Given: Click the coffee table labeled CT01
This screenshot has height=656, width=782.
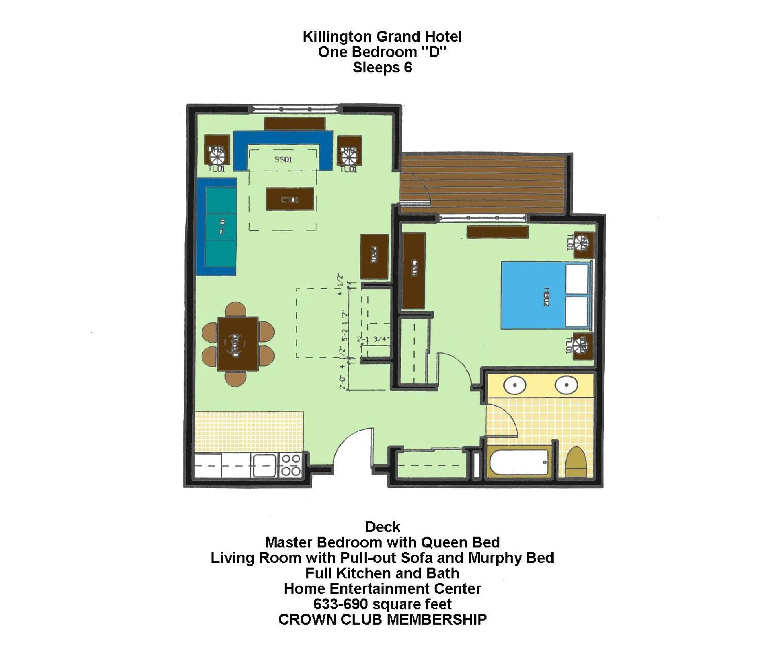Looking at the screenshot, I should [290, 199].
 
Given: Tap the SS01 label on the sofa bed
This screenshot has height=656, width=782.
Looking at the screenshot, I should [283, 160].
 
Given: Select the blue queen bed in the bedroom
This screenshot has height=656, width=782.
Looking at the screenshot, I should [534, 295].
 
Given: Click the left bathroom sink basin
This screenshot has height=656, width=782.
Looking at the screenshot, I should [515, 385].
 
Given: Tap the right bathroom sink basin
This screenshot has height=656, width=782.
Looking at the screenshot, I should [566, 385].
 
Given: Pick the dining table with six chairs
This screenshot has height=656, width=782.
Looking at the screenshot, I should [237, 344].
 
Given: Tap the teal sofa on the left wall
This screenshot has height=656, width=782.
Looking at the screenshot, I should [221, 226].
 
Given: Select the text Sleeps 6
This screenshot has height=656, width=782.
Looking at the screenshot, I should [382, 67].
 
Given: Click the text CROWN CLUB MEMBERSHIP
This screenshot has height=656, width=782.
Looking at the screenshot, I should [382, 619].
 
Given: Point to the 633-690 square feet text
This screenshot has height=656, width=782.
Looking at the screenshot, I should [382, 604].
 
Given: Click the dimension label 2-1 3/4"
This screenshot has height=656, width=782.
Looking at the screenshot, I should [373, 339].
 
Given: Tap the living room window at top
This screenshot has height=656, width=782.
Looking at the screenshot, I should [295, 109].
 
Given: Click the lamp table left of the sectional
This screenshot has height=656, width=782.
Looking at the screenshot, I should [216, 150].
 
